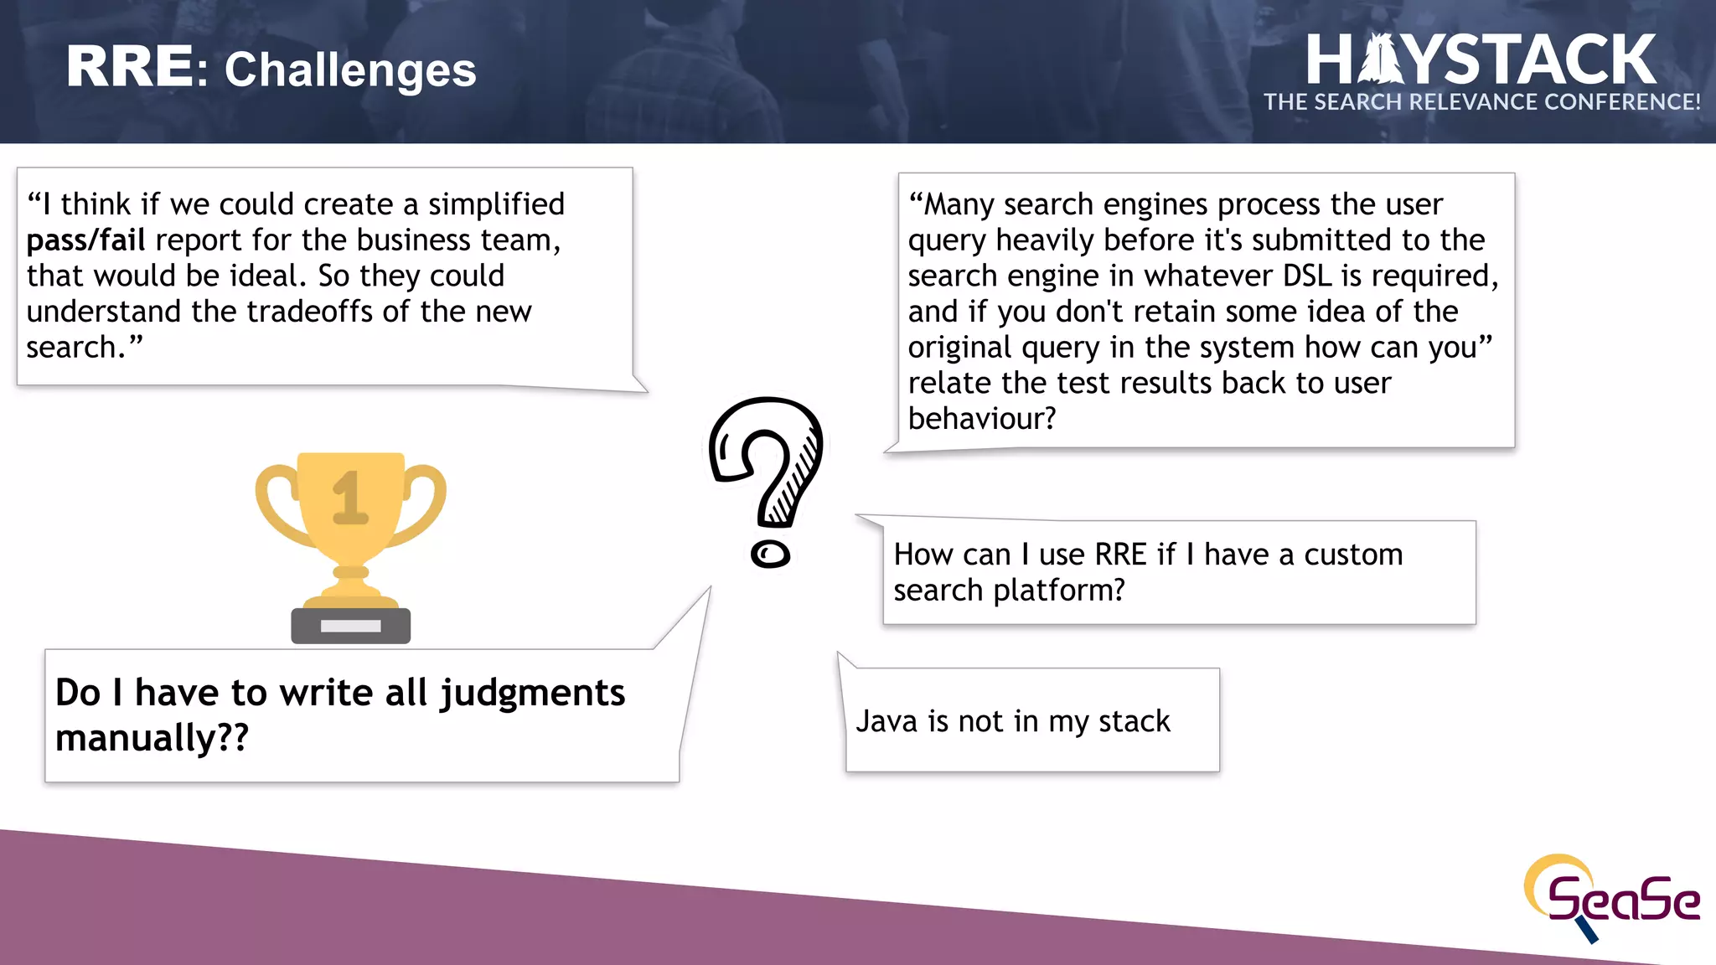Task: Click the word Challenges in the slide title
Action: [x=350, y=70]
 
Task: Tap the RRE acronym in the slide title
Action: [x=130, y=67]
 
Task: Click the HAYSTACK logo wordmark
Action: [x=1481, y=60]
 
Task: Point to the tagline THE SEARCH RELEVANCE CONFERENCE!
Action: [x=1481, y=102]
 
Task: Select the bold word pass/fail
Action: [x=85, y=240]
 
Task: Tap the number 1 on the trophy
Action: [x=350, y=498]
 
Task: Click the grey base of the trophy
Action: [x=350, y=626]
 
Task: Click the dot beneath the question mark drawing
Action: [x=770, y=555]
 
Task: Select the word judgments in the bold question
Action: [x=532, y=694]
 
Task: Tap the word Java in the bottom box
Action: [x=886, y=721]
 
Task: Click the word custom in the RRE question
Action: [x=1352, y=555]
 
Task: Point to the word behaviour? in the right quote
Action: [x=982, y=419]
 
